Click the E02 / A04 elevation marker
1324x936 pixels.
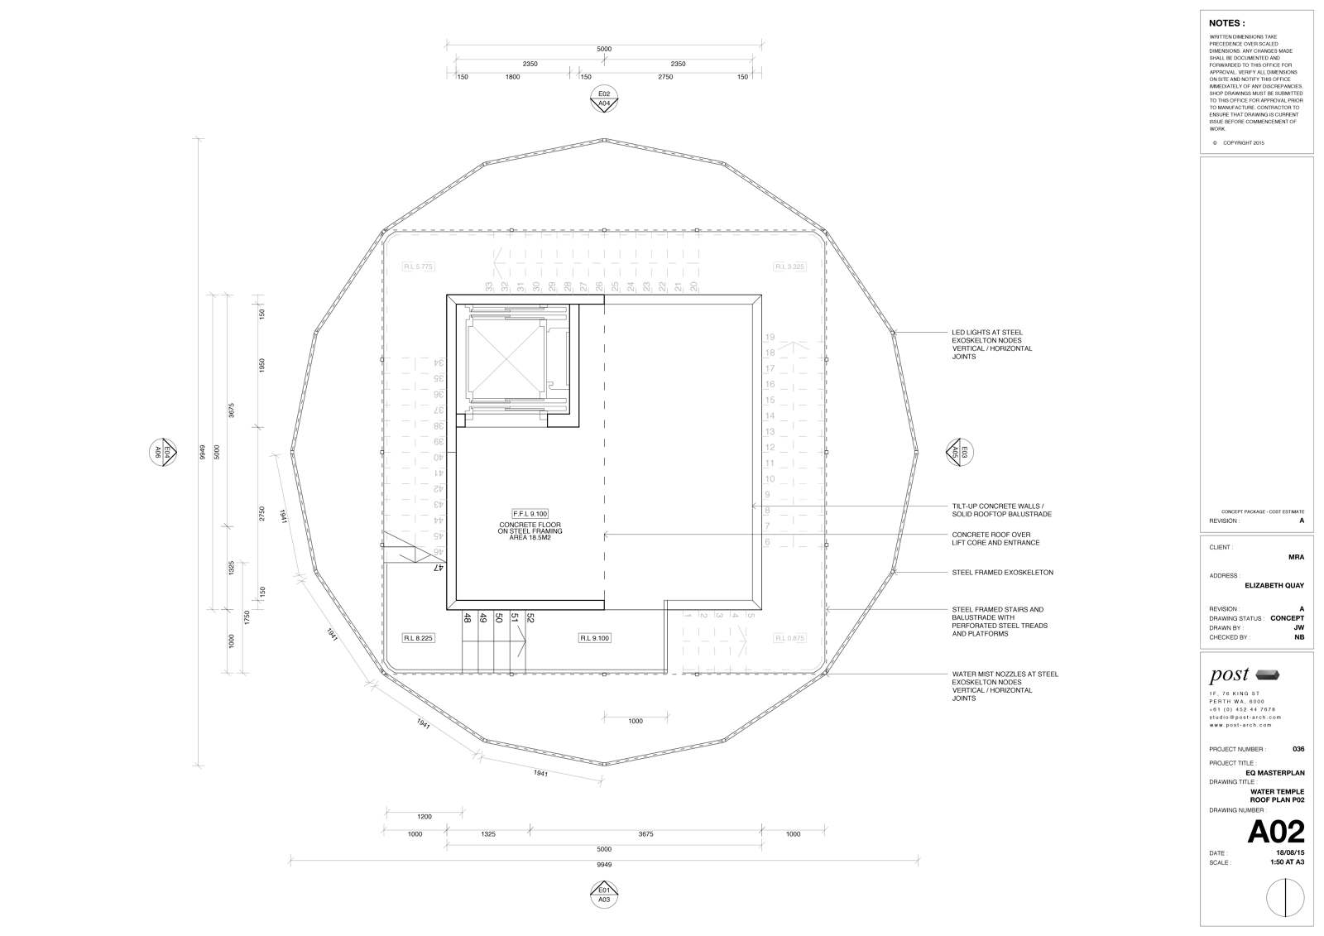pos(604,98)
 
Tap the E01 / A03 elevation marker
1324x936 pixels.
pos(604,893)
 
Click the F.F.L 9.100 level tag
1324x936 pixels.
pos(530,513)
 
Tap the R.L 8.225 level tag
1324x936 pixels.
pos(419,638)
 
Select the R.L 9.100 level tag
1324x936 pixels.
pos(594,638)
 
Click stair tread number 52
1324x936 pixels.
pos(530,617)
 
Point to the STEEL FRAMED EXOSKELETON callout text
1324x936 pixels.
pos(1002,573)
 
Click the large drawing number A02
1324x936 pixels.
pos(1275,832)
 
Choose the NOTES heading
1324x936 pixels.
pos(1226,23)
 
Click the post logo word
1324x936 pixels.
pos(1229,674)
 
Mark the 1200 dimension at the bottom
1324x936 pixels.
pos(425,816)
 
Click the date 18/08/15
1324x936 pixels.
pos(1290,852)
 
